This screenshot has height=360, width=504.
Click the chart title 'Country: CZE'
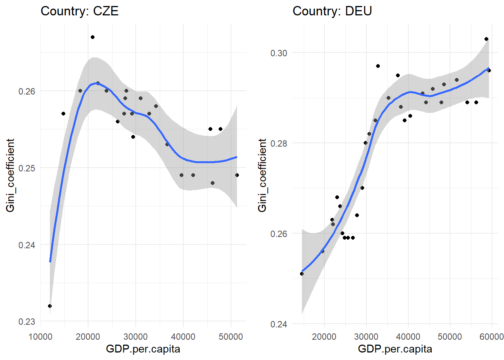79,11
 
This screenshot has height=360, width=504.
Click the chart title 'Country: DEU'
332,11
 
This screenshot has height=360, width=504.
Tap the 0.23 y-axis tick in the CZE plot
27,322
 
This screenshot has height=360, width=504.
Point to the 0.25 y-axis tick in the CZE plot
27,168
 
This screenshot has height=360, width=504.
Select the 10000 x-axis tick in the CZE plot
40,337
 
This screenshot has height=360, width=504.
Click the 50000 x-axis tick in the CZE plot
231,337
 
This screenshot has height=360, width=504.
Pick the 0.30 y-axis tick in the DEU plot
279,53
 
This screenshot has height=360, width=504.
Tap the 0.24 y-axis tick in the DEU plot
279,324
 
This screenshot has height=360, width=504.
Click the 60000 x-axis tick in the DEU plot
492,337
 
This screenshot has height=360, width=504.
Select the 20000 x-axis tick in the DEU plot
324,337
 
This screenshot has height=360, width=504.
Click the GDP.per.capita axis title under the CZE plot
143,349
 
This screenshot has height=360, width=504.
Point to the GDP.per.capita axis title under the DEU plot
395,349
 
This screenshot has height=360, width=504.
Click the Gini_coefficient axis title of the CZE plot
10,175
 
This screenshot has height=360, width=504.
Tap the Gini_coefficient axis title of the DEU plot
262,175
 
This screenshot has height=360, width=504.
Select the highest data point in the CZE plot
93,37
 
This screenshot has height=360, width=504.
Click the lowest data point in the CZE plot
50,306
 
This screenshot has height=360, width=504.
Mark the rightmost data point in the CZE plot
237,175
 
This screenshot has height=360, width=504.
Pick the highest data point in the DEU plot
486,39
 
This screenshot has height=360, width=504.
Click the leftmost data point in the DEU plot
302,274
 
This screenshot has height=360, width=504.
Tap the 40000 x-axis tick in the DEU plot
408,337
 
